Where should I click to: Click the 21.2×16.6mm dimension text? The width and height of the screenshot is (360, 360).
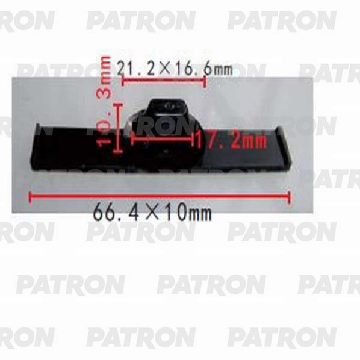pyautogui.click(x=175, y=69)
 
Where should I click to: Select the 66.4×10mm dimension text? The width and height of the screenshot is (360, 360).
pyautogui.click(x=152, y=213)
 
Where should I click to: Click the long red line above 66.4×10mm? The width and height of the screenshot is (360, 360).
pyautogui.click(x=160, y=196)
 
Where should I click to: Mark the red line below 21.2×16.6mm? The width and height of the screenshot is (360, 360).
pyautogui.click(x=164, y=81)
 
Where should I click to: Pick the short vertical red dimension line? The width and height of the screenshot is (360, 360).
pyautogui.click(x=118, y=128)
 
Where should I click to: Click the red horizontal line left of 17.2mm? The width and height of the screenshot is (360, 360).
pyautogui.click(x=163, y=138)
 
